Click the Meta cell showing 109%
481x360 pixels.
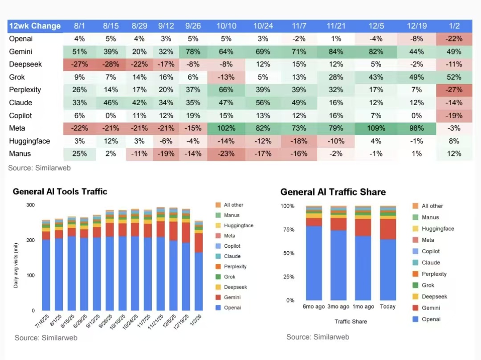pyautogui.click(x=376, y=128)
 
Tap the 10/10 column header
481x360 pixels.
pyautogui.click(x=226, y=26)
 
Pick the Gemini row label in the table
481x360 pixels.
pyautogui.click(x=20, y=52)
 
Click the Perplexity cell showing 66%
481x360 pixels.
pyautogui.click(x=226, y=90)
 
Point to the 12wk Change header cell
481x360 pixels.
pyautogui.click(x=35, y=26)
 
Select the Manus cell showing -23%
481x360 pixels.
pyautogui.click(x=226, y=154)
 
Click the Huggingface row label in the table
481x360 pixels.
pyautogui.click(x=29, y=141)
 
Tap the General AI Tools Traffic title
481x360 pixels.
pyautogui.click(x=60, y=192)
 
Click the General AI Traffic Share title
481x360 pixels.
pyautogui.click(x=333, y=192)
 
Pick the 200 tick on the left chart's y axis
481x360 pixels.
pyautogui.click(x=31, y=240)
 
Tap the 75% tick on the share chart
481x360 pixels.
pyautogui.click(x=289, y=230)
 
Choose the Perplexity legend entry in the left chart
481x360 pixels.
pyautogui.click(x=235, y=266)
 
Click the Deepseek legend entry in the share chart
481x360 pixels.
pyautogui.click(x=434, y=297)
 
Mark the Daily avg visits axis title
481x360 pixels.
pyautogui.click(x=16, y=265)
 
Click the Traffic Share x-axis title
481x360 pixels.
pyautogui.click(x=351, y=321)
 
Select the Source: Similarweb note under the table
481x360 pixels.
pyautogui.click(x=39, y=168)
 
